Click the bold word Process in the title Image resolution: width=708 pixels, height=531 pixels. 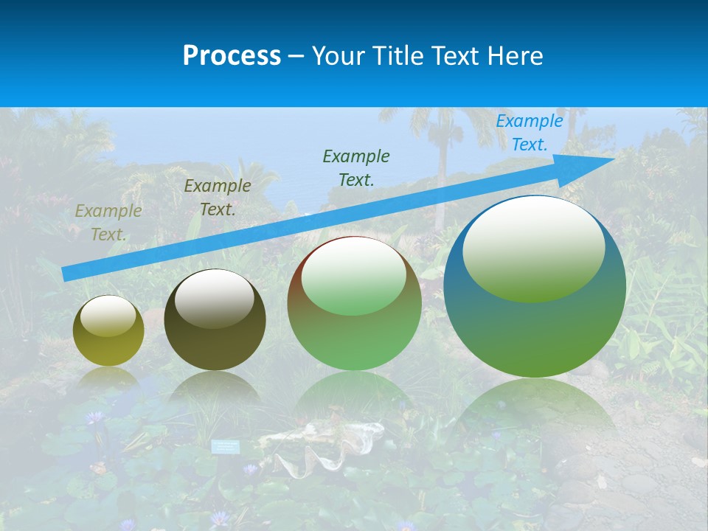click(232, 56)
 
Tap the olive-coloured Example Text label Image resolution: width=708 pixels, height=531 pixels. click(108, 223)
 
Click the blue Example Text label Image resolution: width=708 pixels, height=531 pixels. click(529, 133)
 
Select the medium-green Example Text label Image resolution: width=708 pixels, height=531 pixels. click(356, 167)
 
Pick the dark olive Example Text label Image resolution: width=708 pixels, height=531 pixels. click(218, 198)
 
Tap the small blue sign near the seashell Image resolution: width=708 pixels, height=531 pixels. click(226, 446)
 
